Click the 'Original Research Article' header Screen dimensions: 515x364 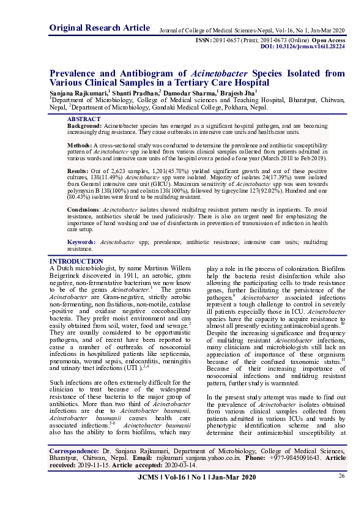coord(99,28)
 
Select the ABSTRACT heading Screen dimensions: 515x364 coord(84,119)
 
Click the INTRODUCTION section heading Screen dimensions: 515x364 coord(76,261)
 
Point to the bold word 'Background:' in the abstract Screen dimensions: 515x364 coord(84,125)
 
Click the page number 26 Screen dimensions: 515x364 coord(341,476)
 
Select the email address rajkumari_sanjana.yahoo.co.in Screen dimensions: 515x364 coord(202,457)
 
